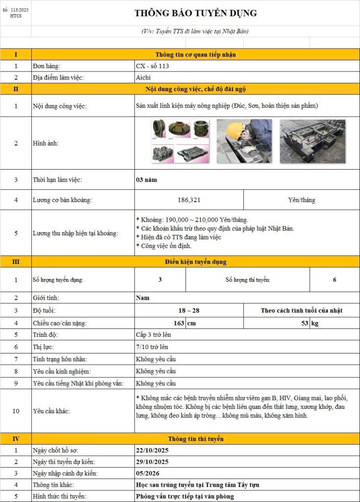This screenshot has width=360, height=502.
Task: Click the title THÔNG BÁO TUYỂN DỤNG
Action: tap(196, 13)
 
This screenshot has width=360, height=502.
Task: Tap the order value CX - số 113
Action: tap(153, 66)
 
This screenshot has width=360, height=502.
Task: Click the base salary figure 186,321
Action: tap(189, 200)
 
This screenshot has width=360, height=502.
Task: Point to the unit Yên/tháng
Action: tap(302, 200)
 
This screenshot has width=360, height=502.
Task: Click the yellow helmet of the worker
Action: tap(237, 130)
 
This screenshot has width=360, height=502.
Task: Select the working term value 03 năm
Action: tap(147, 180)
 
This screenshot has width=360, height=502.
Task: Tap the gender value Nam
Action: tap(143, 298)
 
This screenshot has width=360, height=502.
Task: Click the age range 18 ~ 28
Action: tap(189, 310)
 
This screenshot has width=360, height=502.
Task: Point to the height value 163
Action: tap(179, 323)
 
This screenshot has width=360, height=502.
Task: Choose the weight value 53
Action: tap(305, 323)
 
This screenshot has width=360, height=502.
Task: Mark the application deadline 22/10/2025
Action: tap(152, 450)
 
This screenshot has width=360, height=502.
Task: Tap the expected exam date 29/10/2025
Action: tap(152, 462)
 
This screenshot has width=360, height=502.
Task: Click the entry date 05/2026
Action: tap(148, 473)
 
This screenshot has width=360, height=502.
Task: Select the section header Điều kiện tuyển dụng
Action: tap(196, 262)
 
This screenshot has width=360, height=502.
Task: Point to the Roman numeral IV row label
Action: tap(16, 439)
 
